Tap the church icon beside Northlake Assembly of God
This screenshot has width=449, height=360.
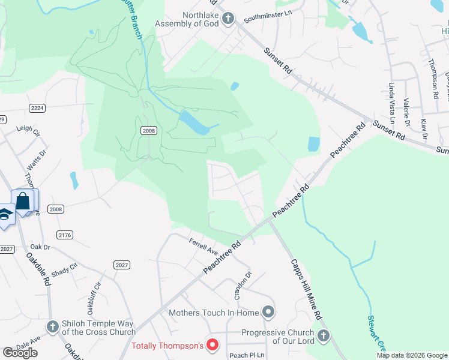[x=228, y=19]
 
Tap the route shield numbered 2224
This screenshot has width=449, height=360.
[x=37, y=107]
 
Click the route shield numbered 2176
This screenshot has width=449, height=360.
[x=65, y=235]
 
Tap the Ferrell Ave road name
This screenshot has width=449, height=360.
[x=202, y=246]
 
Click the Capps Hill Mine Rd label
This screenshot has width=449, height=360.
[x=307, y=289]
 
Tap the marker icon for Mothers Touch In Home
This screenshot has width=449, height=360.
[x=268, y=312]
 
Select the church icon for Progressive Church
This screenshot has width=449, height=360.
[x=324, y=335]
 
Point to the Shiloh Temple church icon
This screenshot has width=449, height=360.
[x=53, y=326]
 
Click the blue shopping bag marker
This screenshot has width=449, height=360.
[x=23, y=201]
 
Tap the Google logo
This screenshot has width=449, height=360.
[x=20, y=353]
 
